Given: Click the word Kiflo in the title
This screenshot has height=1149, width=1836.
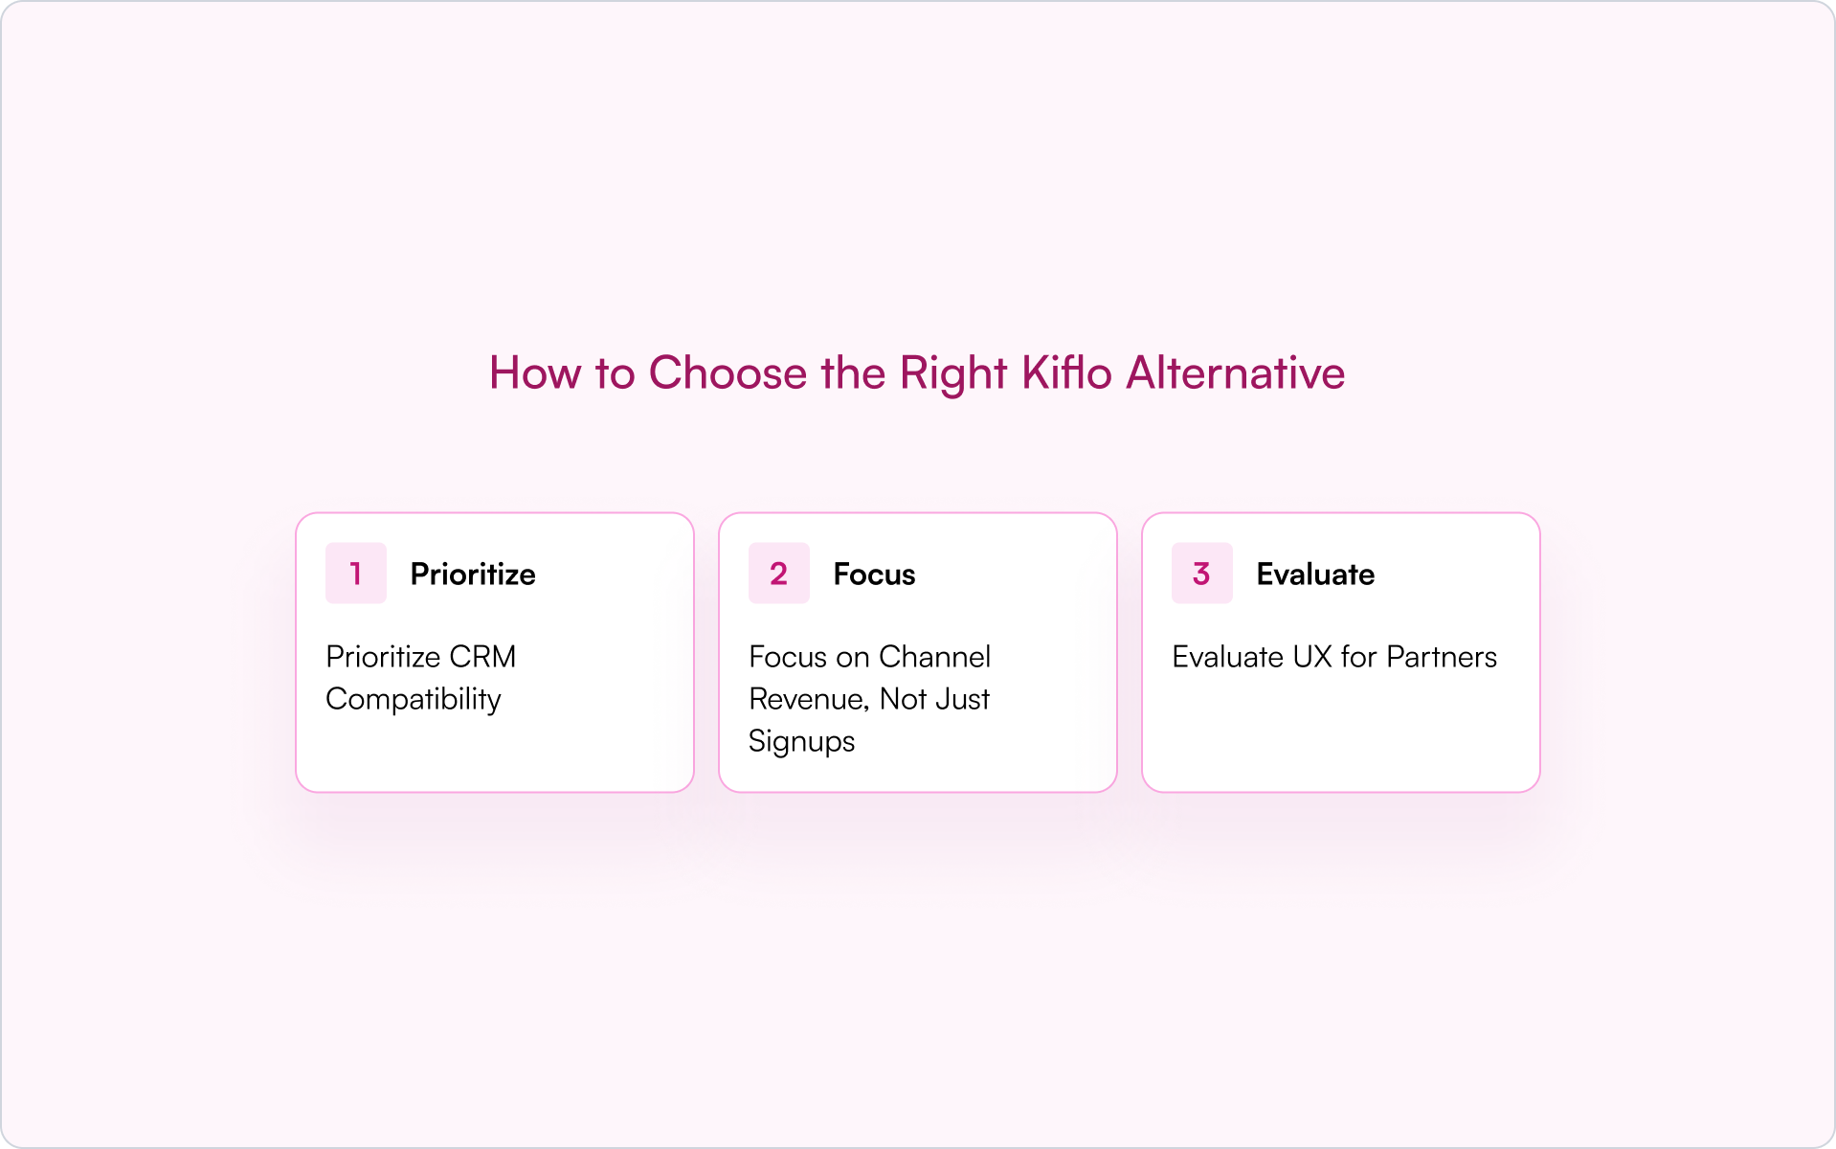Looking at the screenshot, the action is [1066, 372].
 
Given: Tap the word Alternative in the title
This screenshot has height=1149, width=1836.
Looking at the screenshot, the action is [1235, 372].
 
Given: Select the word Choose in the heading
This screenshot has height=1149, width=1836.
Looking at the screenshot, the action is [728, 372].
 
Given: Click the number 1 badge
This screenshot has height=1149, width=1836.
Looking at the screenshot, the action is [356, 574].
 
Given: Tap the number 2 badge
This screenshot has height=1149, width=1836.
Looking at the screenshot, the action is [779, 574].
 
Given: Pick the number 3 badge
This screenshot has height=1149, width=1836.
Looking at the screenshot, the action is [1202, 574].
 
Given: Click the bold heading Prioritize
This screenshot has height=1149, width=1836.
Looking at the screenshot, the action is [473, 574].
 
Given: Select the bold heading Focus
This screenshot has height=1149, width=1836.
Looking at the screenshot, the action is [874, 574].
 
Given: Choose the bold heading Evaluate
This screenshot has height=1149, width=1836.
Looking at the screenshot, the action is [1315, 574].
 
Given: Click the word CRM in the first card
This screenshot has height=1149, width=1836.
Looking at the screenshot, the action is [482, 657].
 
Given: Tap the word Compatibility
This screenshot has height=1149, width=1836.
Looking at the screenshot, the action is [414, 700].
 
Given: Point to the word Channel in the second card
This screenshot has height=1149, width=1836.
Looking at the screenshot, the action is [934, 657].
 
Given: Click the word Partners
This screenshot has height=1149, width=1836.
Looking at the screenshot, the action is [1442, 657].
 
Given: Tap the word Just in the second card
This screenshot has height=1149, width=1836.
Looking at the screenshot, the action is [963, 699].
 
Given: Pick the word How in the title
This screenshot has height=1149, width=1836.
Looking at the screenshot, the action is [535, 372].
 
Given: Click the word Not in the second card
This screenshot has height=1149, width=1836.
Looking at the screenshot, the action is [903, 699].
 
